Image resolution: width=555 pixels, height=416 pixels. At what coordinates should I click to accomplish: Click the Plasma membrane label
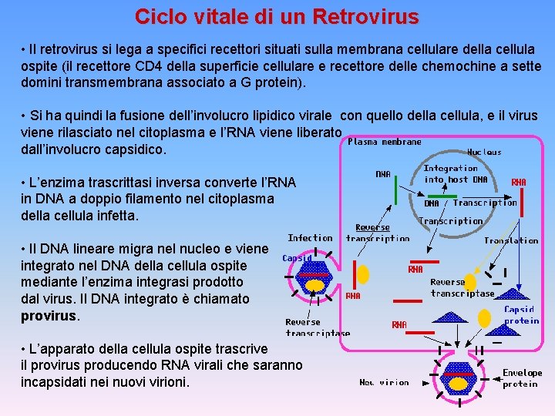point(385,142)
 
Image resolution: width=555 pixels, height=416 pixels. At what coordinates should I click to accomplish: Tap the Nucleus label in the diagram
point(484,152)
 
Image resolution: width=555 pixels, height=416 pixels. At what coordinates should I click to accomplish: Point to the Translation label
point(511,240)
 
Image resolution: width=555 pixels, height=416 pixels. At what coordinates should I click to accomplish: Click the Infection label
point(310,238)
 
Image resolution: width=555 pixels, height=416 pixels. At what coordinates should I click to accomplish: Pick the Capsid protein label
point(522,314)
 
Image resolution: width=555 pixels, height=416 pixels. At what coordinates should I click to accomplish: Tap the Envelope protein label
point(522,377)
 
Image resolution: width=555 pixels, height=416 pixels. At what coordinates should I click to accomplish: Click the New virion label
point(384,382)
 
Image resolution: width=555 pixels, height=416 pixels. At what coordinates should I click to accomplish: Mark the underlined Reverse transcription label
point(377,233)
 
